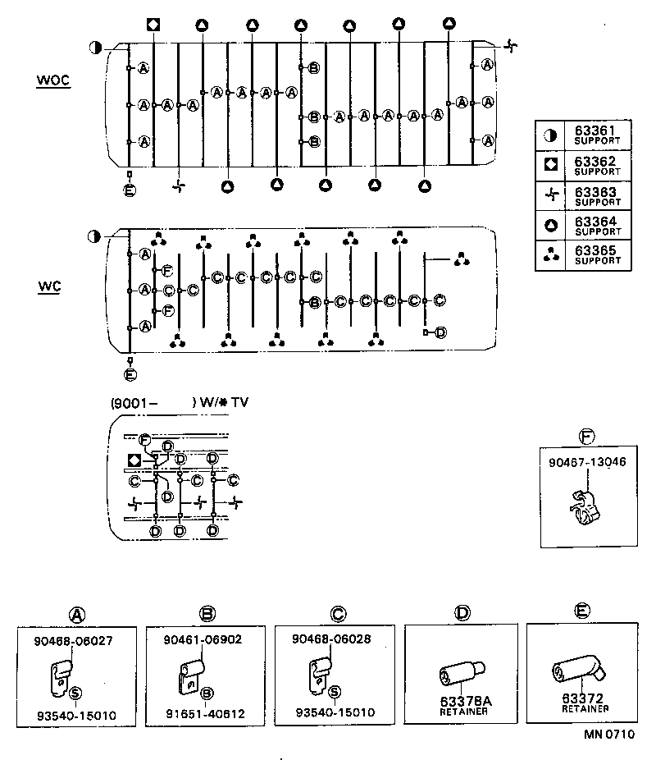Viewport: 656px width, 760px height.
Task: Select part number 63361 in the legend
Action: tap(596, 130)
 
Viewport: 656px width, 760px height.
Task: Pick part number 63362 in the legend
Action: tap(596, 162)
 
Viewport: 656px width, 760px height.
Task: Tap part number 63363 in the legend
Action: tap(596, 192)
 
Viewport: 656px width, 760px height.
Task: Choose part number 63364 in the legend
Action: tap(596, 222)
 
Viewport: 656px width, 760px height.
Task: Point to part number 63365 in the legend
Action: tap(596, 252)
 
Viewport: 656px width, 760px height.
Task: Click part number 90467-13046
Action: tap(587, 462)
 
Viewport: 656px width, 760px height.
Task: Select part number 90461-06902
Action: tap(203, 639)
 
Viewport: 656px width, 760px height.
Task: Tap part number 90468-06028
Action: tap(332, 639)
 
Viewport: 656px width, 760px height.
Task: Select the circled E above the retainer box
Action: tap(582, 612)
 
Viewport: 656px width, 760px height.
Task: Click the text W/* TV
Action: tap(225, 403)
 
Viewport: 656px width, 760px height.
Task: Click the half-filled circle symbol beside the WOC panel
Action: tap(96, 47)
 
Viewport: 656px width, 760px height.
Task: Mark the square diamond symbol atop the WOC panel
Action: tap(153, 24)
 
